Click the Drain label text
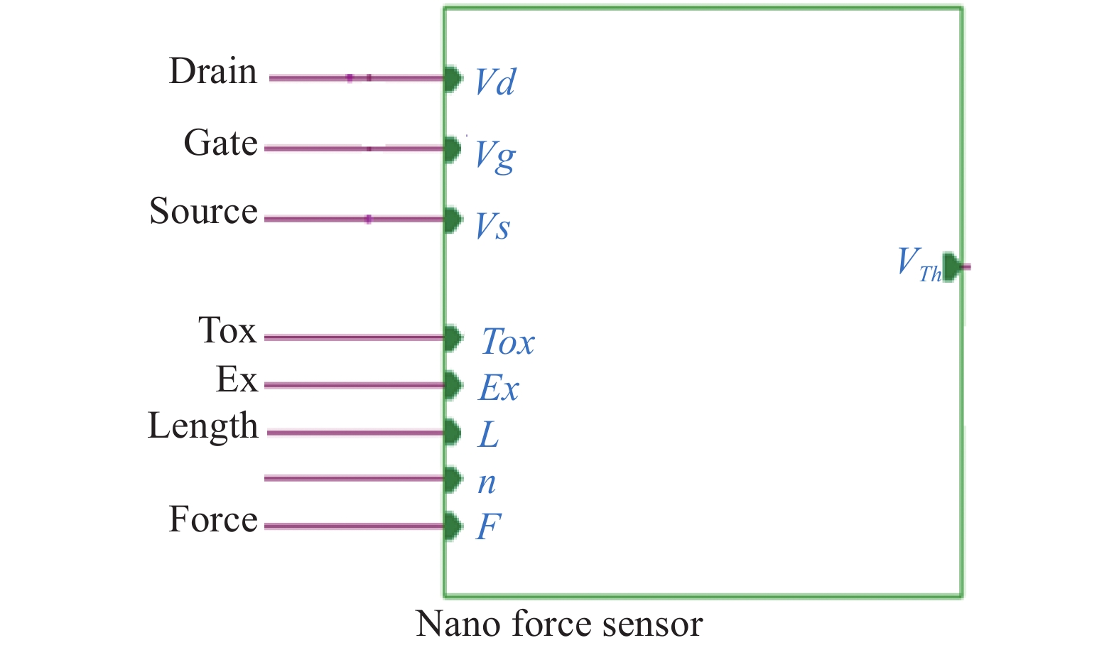tap(212, 72)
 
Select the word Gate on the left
tap(220, 144)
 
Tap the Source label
tap(203, 212)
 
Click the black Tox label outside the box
tap(227, 331)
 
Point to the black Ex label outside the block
tap(237, 379)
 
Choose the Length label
tap(202, 426)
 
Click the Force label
tap(212, 519)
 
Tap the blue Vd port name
tap(495, 82)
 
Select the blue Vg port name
tap(495, 155)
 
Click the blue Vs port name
tap(492, 227)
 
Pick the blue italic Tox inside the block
tap(507, 342)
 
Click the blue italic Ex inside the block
tap(499, 388)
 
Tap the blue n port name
tap(487, 482)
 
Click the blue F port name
tap(488, 527)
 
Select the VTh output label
tap(918, 264)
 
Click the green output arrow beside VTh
tap(953, 266)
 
